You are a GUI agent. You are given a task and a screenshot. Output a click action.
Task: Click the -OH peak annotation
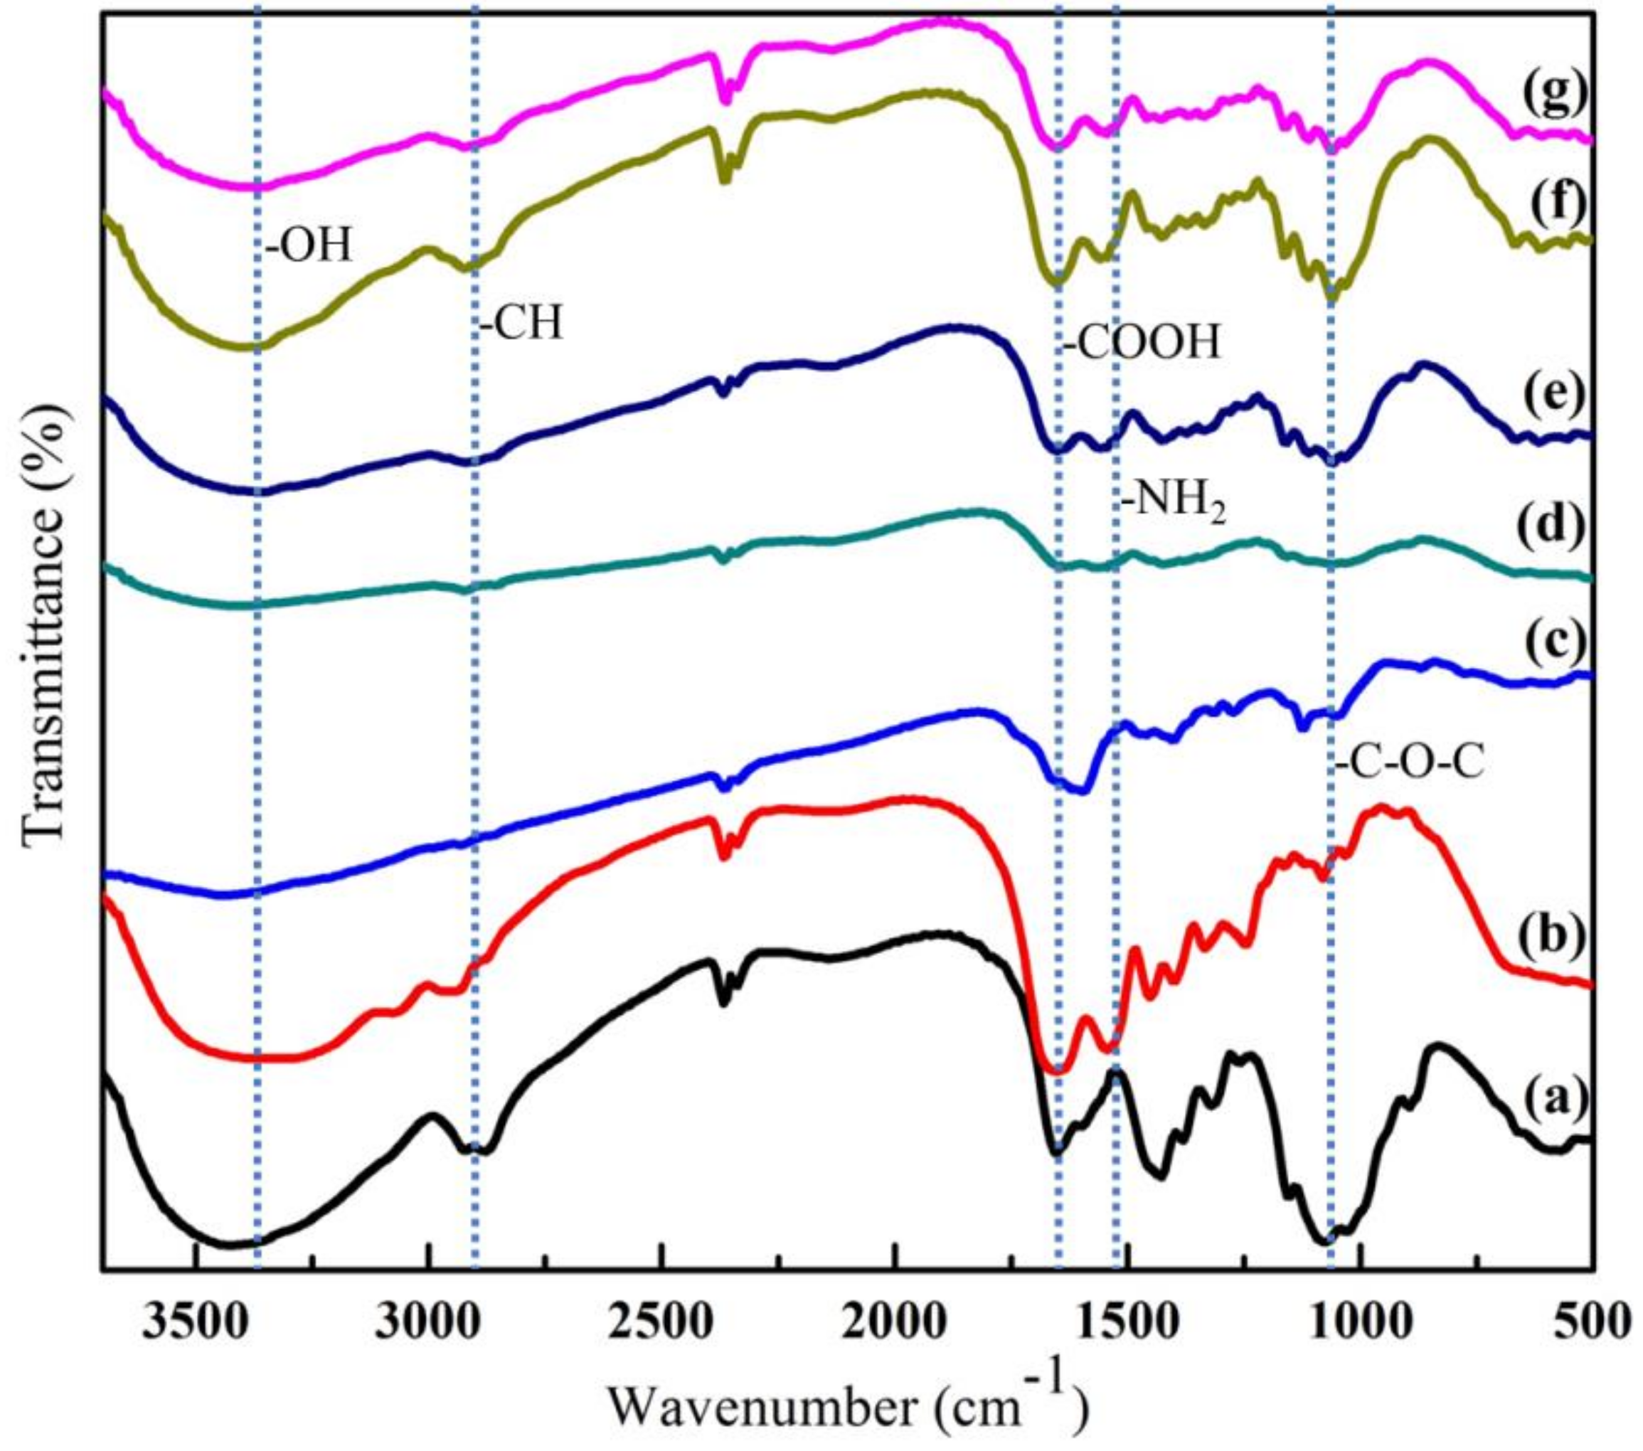coord(309,248)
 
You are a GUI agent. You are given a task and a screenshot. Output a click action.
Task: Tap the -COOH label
coord(1142,344)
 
